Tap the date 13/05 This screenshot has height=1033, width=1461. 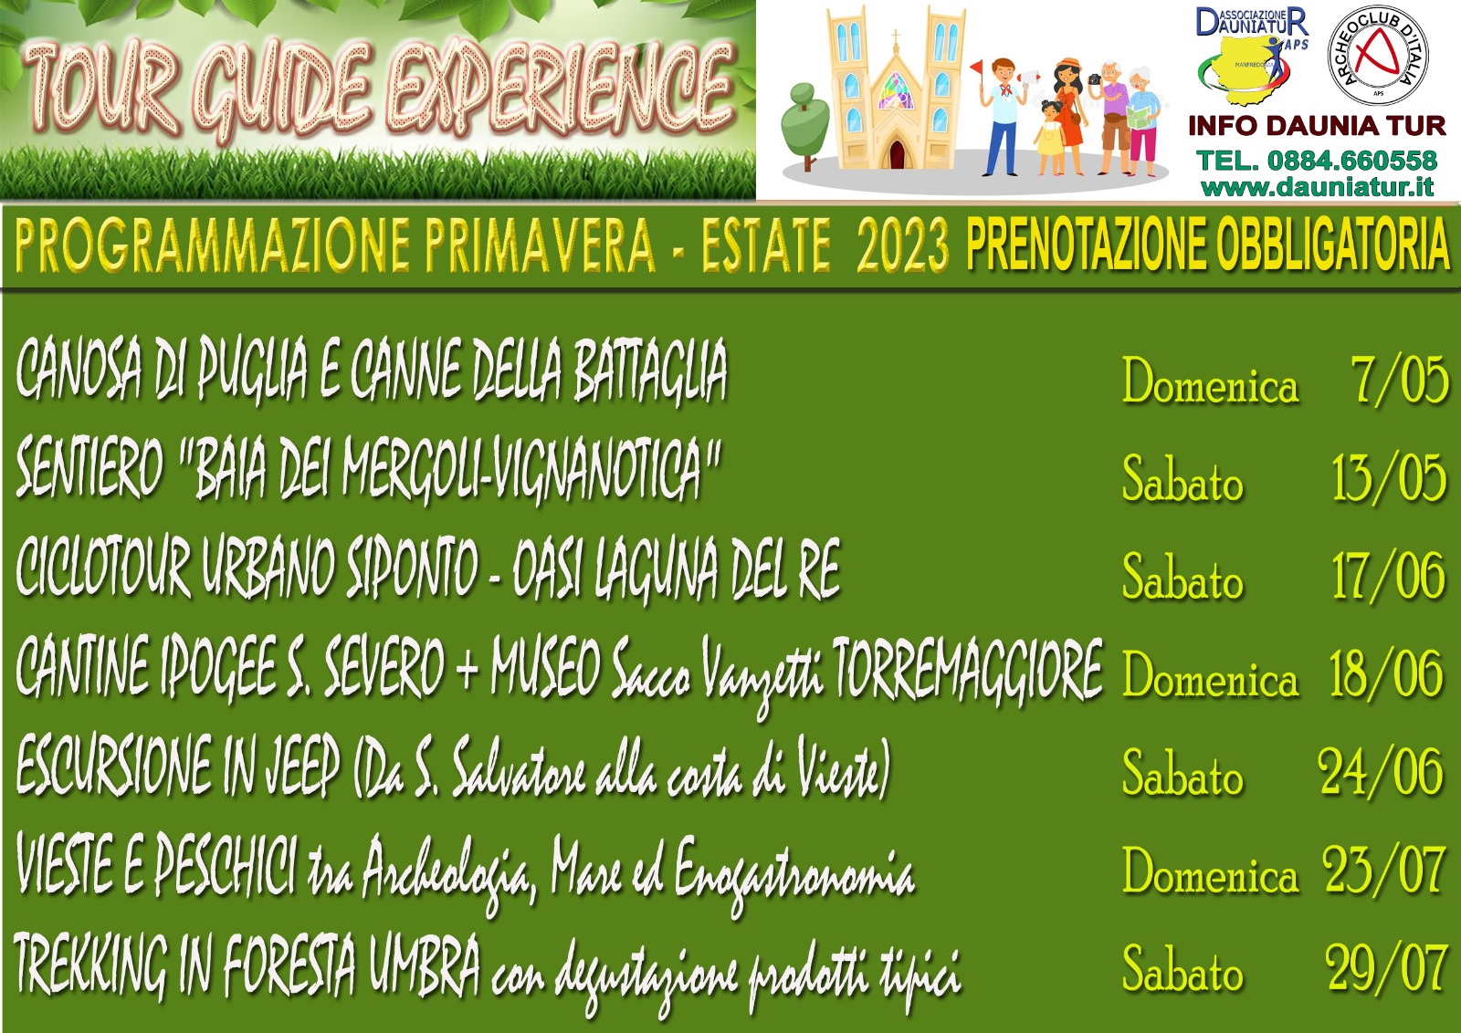click(x=1389, y=478)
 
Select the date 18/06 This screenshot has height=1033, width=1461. click(x=1386, y=673)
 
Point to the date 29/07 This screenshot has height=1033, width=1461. click(x=1385, y=969)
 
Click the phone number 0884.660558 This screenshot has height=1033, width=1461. click(x=1352, y=161)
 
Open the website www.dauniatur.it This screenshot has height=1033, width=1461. click(x=1317, y=188)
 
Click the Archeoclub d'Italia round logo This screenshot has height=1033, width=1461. click(x=1378, y=55)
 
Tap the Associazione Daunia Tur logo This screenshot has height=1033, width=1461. click(x=1252, y=55)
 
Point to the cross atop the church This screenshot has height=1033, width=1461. click(x=896, y=37)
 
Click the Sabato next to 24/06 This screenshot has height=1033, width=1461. click(x=1182, y=772)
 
